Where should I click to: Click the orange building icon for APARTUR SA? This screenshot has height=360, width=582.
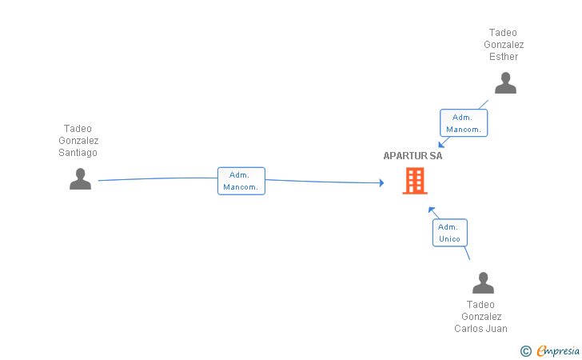(x=414, y=182)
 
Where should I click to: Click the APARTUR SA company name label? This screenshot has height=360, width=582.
(x=413, y=156)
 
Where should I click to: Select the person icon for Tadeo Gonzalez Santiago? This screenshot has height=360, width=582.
(x=80, y=179)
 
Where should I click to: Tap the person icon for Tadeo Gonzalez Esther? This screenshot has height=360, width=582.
(x=505, y=83)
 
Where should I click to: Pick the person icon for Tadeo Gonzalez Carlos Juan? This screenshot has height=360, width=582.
(x=483, y=283)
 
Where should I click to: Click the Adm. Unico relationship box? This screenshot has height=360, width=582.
(x=449, y=233)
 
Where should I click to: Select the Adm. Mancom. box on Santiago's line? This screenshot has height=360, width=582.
(x=241, y=181)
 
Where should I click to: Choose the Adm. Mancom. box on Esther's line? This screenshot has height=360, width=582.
(x=463, y=123)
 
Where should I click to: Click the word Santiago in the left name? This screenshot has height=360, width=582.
(x=78, y=153)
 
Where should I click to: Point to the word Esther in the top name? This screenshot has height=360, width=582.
(x=504, y=57)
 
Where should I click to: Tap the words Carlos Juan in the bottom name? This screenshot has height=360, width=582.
(x=480, y=329)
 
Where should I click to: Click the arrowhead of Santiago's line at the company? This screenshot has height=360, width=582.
(x=381, y=183)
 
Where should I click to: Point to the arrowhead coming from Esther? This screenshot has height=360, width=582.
(x=440, y=144)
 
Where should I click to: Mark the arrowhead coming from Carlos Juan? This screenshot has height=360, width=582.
(x=432, y=210)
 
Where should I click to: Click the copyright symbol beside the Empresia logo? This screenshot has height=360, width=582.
(x=525, y=350)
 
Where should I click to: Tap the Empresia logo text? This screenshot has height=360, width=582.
(x=558, y=350)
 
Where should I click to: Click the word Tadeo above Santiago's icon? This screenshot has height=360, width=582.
(x=78, y=129)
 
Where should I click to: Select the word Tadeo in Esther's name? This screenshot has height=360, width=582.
(x=504, y=33)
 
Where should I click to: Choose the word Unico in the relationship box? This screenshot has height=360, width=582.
(x=449, y=239)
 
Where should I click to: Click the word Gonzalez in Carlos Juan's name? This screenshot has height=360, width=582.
(x=480, y=317)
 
